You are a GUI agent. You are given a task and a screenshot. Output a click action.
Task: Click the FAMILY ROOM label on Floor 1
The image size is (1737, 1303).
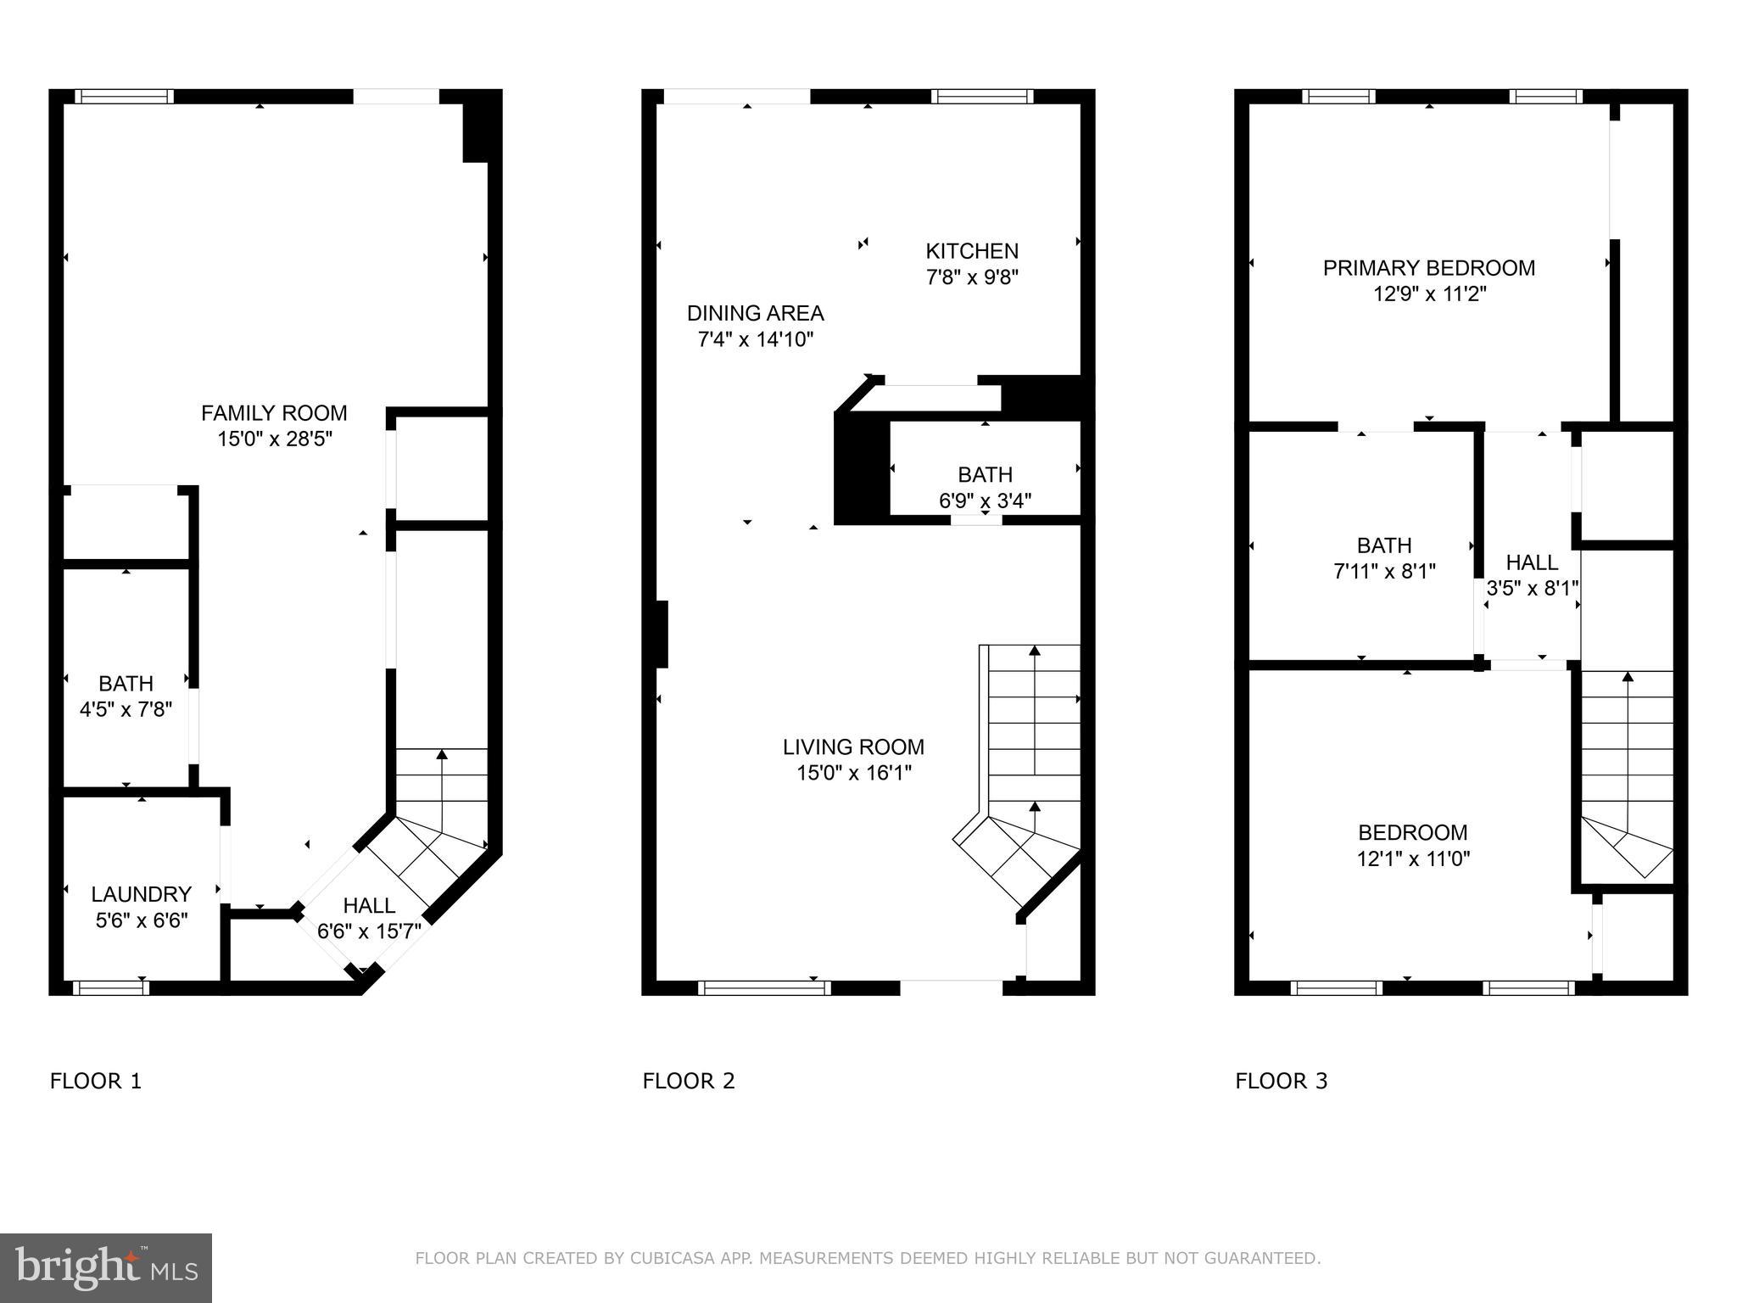(274, 413)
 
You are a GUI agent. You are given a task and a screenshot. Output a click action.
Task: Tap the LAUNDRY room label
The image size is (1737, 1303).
(141, 894)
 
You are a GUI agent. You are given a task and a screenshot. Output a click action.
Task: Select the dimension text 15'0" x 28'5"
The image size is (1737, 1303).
(274, 439)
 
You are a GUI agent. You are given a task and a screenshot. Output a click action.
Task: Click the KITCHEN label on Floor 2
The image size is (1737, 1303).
(972, 251)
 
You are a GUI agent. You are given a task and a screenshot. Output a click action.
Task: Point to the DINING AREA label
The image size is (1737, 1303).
(755, 313)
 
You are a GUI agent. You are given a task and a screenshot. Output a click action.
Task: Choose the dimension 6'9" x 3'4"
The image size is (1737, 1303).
(985, 501)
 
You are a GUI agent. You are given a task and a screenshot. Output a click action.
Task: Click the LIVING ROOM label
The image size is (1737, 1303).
(853, 747)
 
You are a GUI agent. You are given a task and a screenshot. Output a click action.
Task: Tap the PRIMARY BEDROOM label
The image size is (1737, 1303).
(1429, 268)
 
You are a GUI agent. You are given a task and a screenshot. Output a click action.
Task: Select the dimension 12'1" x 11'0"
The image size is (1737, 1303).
(1413, 858)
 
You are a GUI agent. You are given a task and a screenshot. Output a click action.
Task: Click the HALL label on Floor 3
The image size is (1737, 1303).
(1532, 562)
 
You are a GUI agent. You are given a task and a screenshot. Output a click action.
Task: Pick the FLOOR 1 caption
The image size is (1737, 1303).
(96, 1081)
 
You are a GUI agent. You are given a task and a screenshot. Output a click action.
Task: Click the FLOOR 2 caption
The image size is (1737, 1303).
(689, 1081)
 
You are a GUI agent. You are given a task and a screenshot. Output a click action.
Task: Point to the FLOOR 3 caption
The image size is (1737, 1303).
(1282, 1081)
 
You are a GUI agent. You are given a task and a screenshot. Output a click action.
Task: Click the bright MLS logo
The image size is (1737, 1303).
(106, 1267)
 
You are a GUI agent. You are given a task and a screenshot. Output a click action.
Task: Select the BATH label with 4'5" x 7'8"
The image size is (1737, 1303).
(126, 683)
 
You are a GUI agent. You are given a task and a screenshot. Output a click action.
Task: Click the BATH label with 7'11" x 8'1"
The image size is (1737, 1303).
(1384, 545)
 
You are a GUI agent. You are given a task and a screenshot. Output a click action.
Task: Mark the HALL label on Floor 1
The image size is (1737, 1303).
(369, 905)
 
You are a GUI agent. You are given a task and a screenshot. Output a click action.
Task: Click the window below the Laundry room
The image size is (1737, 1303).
(111, 987)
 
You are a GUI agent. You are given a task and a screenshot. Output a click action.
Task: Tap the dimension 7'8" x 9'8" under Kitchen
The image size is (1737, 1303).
(972, 277)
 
